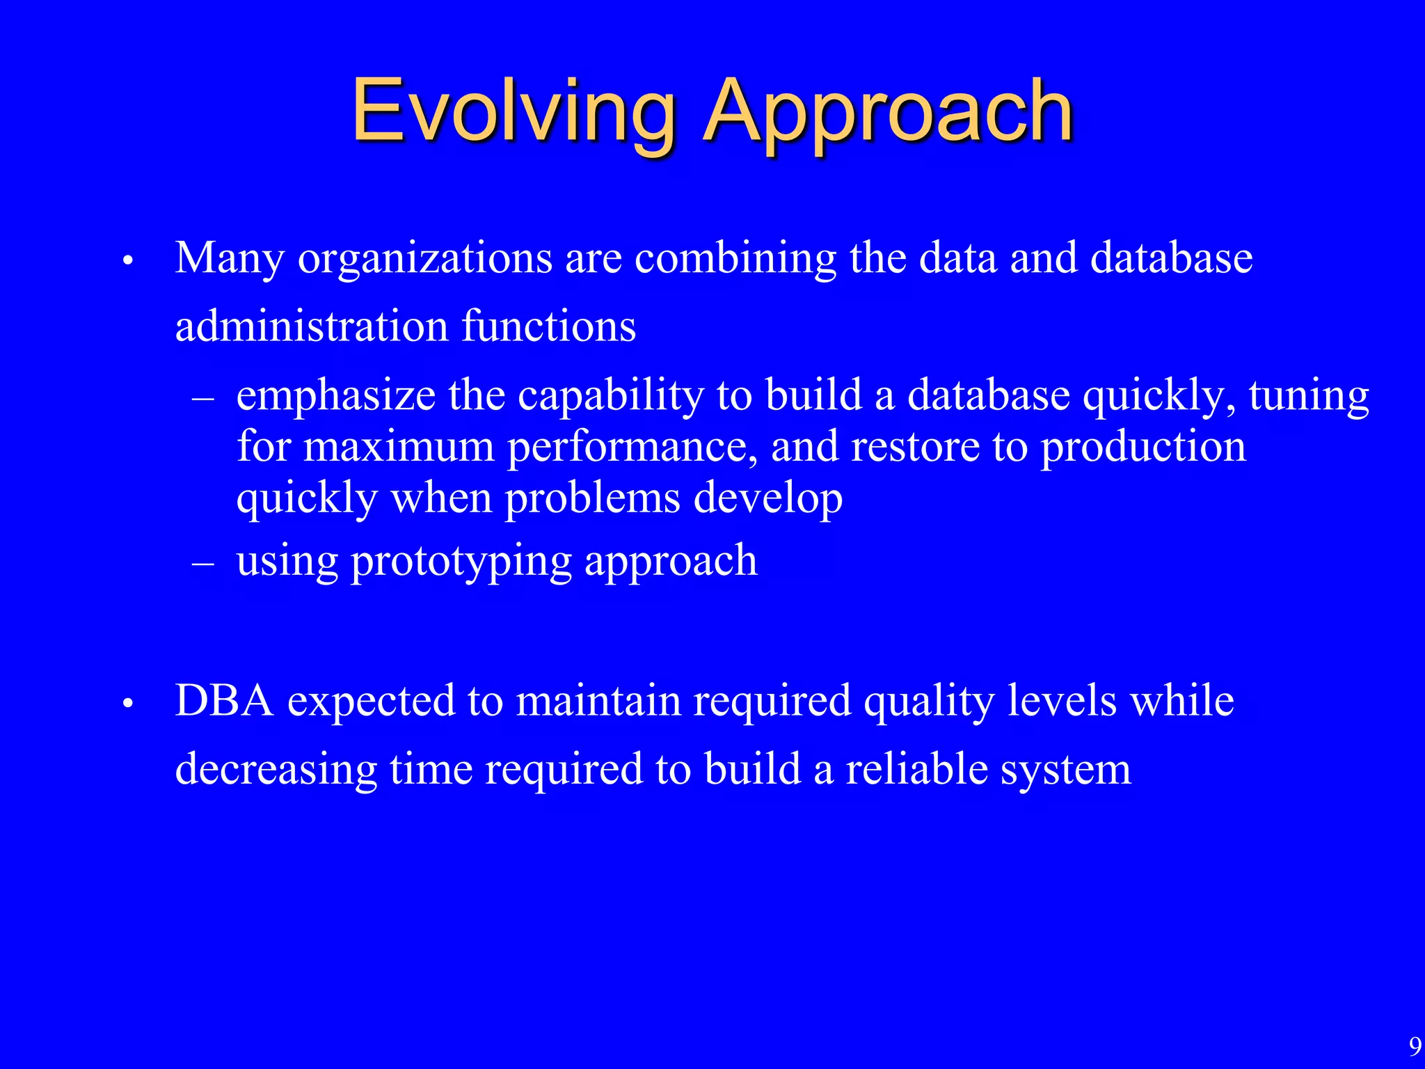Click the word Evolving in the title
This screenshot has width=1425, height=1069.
pos(514,111)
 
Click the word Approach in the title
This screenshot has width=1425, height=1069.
pos(888,111)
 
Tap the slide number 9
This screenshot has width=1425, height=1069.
pos(1415,1046)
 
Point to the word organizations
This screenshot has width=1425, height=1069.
pos(425,259)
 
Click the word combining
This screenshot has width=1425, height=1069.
pos(735,259)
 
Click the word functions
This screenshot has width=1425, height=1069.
pos(548,326)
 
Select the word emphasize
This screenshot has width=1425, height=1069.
pos(336,395)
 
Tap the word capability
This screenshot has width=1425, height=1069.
pos(611,395)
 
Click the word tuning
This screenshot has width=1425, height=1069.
pos(1309,395)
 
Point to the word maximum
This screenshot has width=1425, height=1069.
pos(399,447)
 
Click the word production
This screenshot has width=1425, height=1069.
pos(1143,447)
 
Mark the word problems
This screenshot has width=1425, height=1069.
pos(592,498)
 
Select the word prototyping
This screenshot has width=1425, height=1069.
pos(461,561)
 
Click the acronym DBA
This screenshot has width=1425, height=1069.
pos(225,700)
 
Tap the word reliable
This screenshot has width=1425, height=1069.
pos(916,770)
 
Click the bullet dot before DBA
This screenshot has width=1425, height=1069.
pos(127,704)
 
